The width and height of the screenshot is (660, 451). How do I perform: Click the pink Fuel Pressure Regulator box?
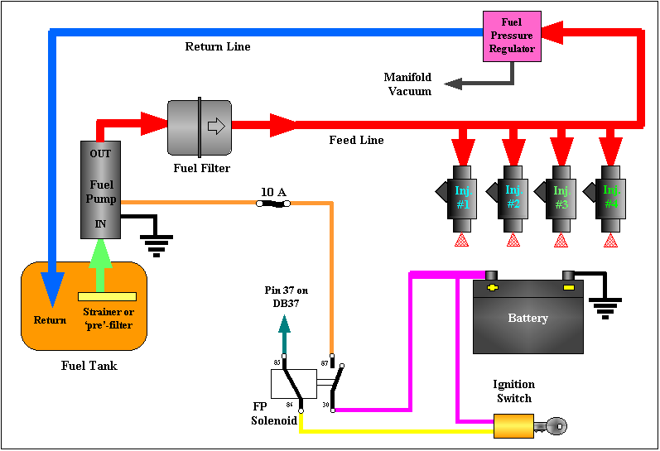(512, 36)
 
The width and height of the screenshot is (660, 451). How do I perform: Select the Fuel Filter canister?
(200, 127)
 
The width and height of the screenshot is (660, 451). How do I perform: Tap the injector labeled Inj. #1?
(462, 196)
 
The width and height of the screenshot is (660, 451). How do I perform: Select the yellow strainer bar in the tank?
(107, 296)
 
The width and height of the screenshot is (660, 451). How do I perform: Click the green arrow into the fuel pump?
(99, 263)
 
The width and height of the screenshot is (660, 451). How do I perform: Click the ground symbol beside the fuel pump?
(155, 240)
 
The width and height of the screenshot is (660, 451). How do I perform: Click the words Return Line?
(217, 47)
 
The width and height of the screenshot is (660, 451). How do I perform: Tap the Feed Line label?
(356, 141)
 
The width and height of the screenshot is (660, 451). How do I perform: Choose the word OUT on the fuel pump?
(100, 154)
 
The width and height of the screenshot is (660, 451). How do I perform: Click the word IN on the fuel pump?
(100, 223)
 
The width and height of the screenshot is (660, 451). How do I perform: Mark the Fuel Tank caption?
(89, 366)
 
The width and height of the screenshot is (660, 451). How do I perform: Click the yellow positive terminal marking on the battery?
(493, 288)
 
